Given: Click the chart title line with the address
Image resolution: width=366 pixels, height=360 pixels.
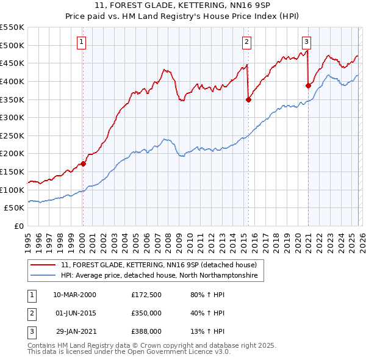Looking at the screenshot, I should coord(183,7).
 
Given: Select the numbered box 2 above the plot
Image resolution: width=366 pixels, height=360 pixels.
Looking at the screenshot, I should coord(246,42).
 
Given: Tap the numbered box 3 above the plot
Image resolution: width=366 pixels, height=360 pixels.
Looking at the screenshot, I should coord(306,42).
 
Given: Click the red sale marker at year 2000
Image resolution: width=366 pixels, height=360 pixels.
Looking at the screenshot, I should coord(84,164).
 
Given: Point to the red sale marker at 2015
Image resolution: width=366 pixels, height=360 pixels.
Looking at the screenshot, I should coord(248,99).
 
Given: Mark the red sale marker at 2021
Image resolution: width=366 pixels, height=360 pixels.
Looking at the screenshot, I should coord(308,86).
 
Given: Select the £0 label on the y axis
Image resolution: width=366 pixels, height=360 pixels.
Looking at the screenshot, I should coord(19,226).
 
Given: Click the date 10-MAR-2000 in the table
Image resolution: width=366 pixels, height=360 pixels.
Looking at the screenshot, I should coord(75,295).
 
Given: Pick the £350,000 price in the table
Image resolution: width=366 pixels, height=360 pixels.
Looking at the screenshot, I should coord(146,313).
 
